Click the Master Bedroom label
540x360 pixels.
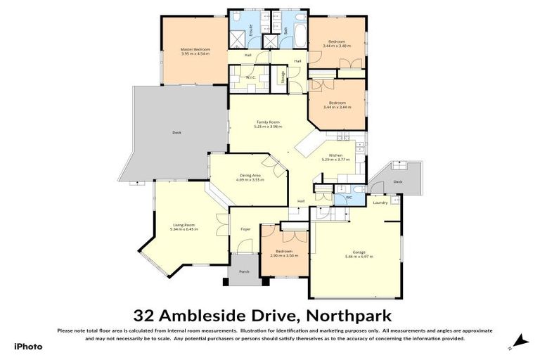click(195, 49)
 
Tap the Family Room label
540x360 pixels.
click(268, 122)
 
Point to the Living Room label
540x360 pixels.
click(184, 224)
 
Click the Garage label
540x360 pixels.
click(359, 252)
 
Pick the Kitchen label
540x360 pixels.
click(335, 155)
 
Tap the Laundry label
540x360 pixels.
click(380, 202)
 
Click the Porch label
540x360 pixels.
click(244, 271)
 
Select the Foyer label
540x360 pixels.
click(245, 229)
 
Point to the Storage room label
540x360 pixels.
click(283, 77)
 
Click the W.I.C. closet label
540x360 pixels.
click(249, 77)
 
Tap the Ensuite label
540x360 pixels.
click(241, 30)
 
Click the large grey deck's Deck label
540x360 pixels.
click(176, 132)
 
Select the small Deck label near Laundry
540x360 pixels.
click(397, 181)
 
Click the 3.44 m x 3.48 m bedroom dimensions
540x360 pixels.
click(336, 46)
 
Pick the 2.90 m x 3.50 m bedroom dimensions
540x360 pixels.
click(284, 255)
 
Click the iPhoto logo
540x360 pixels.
click(29, 346)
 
